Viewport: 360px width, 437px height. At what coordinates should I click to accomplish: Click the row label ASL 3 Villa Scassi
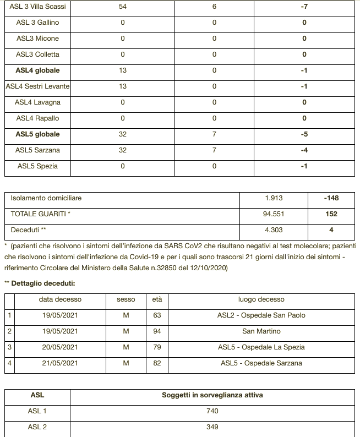click(x=37, y=7)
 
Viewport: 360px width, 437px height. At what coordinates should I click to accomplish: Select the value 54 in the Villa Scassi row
click(x=123, y=7)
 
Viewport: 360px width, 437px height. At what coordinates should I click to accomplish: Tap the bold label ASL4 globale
click(x=37, y=70)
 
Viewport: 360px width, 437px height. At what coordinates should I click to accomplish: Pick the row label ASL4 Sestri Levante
click(x=37, y=86)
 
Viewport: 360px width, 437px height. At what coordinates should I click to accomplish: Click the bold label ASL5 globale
click(x=37, y=134)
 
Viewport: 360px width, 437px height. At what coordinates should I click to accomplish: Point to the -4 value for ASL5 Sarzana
click(x=304, y=150)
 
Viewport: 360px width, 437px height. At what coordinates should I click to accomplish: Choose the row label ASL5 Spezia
click(x=37, y=166)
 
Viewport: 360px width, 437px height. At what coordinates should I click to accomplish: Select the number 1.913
click(x=274, y=199)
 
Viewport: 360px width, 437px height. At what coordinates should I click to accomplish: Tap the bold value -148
click(x=331, y=199)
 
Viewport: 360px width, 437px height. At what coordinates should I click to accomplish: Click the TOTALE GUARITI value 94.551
click(x=274, y=215)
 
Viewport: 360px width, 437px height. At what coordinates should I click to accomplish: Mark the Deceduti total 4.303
click(x=274, y=231)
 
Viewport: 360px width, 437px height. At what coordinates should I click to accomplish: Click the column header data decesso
click(x=60, y=299)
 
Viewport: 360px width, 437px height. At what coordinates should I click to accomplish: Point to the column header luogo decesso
click(x=261, y=299)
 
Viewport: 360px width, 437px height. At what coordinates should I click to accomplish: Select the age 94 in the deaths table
click(x=157, y=331)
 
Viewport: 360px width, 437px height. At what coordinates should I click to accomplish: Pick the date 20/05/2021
click(x=60, y=347)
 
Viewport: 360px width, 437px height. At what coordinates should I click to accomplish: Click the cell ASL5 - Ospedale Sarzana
click(x=261, y=363)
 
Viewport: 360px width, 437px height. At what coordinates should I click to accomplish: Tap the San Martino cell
click(x=261, y=331)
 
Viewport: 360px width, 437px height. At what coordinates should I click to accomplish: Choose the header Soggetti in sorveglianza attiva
click(x=212, y=395)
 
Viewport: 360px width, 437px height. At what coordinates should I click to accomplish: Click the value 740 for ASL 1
click(x=212, y=411)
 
